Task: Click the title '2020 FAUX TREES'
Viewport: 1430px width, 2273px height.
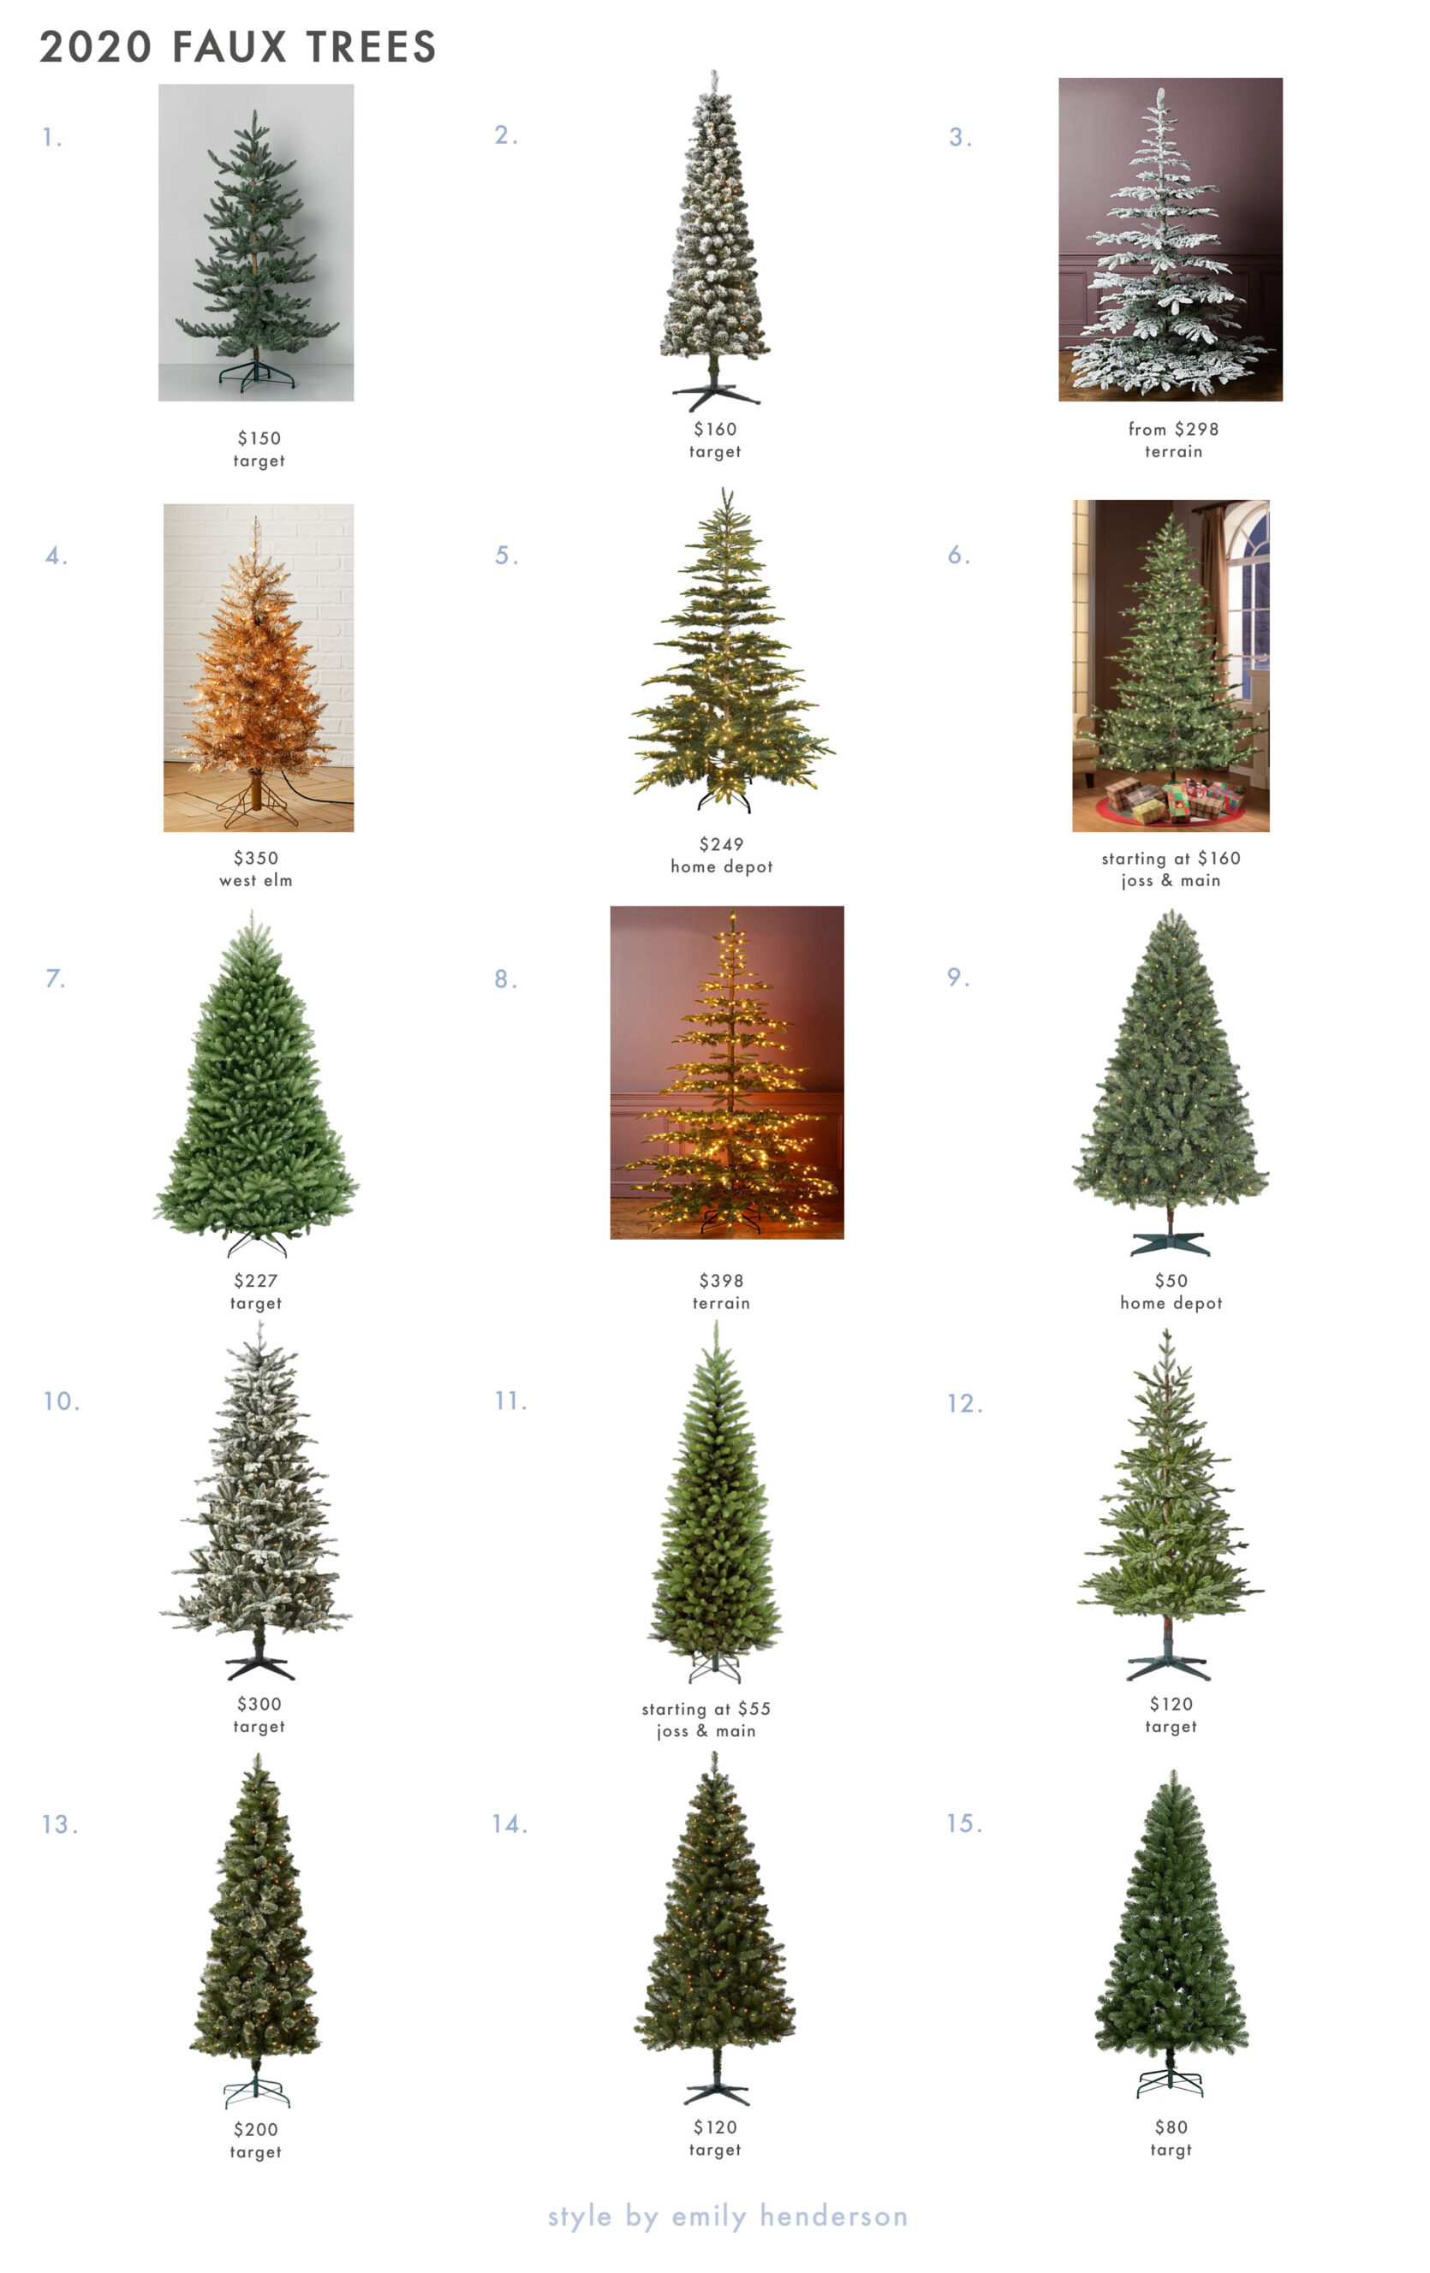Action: coord(238,47)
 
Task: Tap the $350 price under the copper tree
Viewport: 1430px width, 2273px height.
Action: coord(256,858)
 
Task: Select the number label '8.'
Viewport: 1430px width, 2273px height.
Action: coord(506,979)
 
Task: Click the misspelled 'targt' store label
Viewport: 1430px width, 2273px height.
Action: coord(1171,2151)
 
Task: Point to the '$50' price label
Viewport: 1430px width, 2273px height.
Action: coord(1171,1281)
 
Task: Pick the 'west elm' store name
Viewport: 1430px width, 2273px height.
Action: coord(256,881)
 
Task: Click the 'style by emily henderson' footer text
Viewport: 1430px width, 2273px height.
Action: coord(728,2216)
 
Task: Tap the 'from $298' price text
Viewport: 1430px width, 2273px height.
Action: coord(1173,430)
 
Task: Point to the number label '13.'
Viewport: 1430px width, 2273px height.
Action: coord(59,1824)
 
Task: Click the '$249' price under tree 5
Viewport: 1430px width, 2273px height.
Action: coord(721,844)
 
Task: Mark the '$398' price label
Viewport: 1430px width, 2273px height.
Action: coord(721,1281)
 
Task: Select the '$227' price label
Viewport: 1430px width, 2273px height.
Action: coord(256,1281)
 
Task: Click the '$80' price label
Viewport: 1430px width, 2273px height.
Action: coord(1171,2127)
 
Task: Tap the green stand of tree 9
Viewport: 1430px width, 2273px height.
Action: coord(1170,1243)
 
